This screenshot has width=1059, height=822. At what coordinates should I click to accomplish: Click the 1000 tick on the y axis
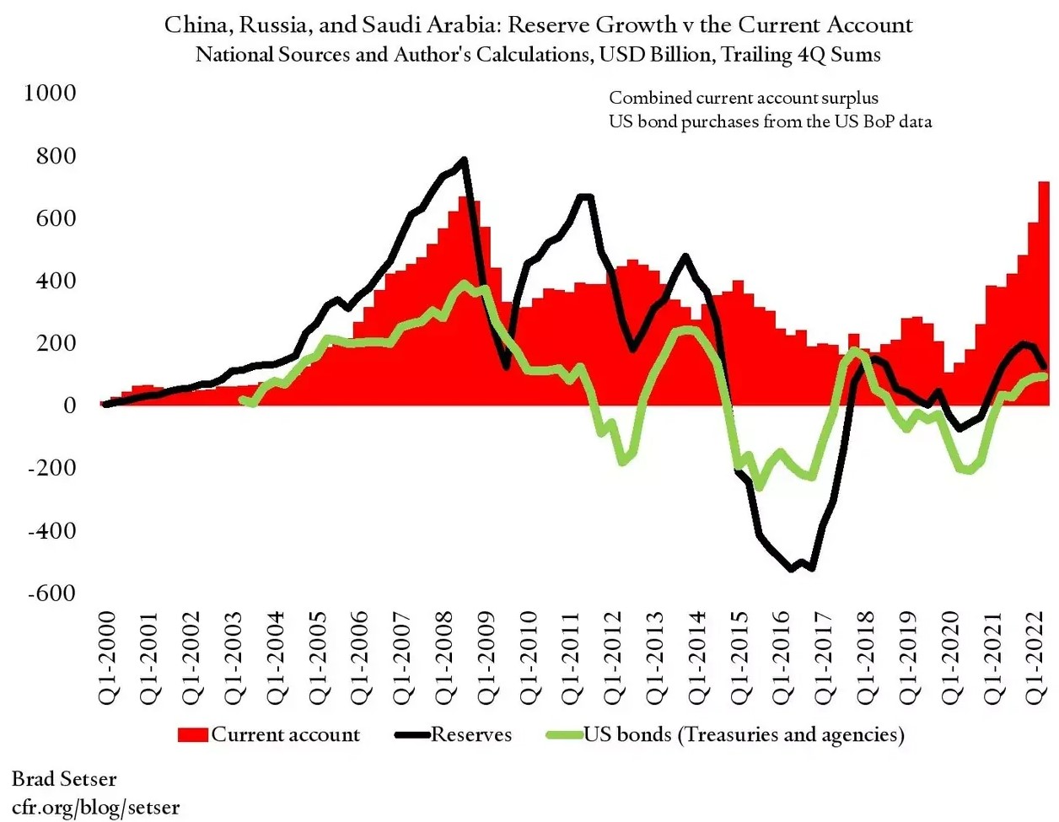(x=50, y=93)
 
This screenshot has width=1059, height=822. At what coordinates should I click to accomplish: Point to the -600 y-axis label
(x=51, y=594)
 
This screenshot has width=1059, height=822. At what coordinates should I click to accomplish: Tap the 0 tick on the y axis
(x=69, y=406)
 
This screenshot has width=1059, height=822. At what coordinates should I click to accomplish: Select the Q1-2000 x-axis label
(x=110, y=658)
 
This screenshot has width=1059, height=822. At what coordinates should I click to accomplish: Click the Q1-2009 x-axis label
(x=488, y=658)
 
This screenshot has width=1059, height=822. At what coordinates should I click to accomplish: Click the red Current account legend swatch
(x=192, y=735)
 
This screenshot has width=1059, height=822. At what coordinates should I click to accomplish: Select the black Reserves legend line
(x=412, y=735)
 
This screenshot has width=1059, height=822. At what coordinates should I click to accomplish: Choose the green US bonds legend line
(x=565, y=735)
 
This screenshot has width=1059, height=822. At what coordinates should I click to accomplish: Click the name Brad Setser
(x=64, y=778)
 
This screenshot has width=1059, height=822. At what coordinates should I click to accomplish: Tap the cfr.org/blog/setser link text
(x=95, y=808)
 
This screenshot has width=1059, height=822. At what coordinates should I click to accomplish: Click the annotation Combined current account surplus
(x=744, y=98)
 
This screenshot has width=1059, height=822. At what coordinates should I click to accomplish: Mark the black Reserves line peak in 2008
(x=464, y=160)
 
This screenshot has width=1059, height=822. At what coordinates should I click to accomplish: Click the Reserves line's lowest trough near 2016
(x=791, y=569)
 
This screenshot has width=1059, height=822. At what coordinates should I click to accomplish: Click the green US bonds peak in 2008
(x=465, y=284)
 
